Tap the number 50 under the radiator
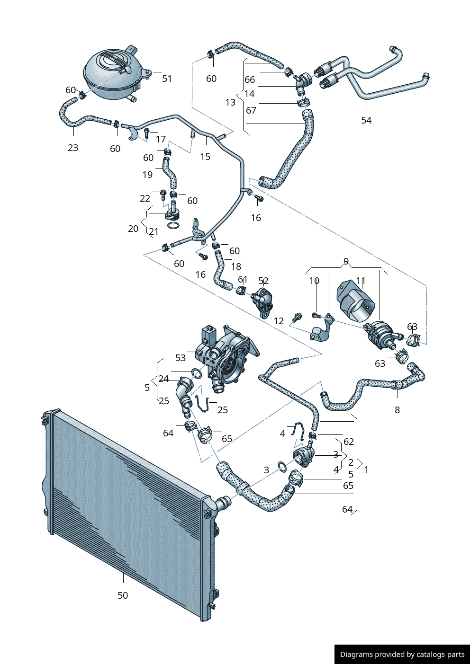(123, 595)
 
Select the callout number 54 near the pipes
(366, 120)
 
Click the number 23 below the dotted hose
(73, 148)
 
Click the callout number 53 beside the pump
(181, 358)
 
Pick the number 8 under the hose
(397, 410)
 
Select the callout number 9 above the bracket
(346, 261)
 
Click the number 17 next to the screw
(161, 139)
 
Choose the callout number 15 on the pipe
(205, 157)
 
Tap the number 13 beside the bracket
(230, 102)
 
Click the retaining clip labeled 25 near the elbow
(202, 403)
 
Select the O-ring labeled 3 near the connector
(282, 467)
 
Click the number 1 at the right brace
(366, 469)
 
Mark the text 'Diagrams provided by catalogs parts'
(402, 655)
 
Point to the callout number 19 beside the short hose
(147, 175)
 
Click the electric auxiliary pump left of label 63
(382, 332)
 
